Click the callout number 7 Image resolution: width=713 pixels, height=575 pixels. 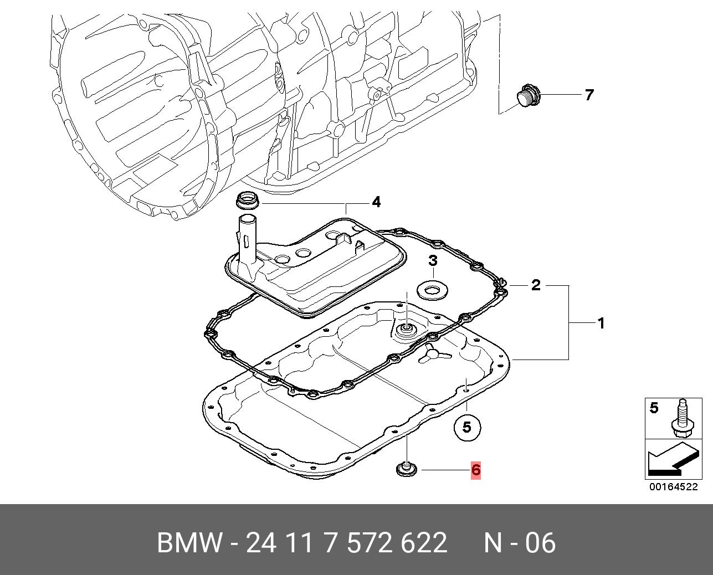tap(589, 95)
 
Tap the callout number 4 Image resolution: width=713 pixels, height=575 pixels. tap(376, 202)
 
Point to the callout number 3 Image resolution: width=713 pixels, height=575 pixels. tap(433, 261)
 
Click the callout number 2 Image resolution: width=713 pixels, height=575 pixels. tap(535, 286)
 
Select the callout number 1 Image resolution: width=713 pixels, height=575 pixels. tap(601, 322)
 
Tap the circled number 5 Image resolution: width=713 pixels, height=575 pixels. tap(466, 427)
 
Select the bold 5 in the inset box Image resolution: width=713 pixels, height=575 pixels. tap(654, 408)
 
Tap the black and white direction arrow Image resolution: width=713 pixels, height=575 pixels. tap(671, 459)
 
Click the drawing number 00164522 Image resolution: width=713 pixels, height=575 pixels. tap(673, 487)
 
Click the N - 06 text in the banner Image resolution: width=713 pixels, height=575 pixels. tap(519, 543)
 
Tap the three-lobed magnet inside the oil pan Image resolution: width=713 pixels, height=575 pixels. tap(429, 355)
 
